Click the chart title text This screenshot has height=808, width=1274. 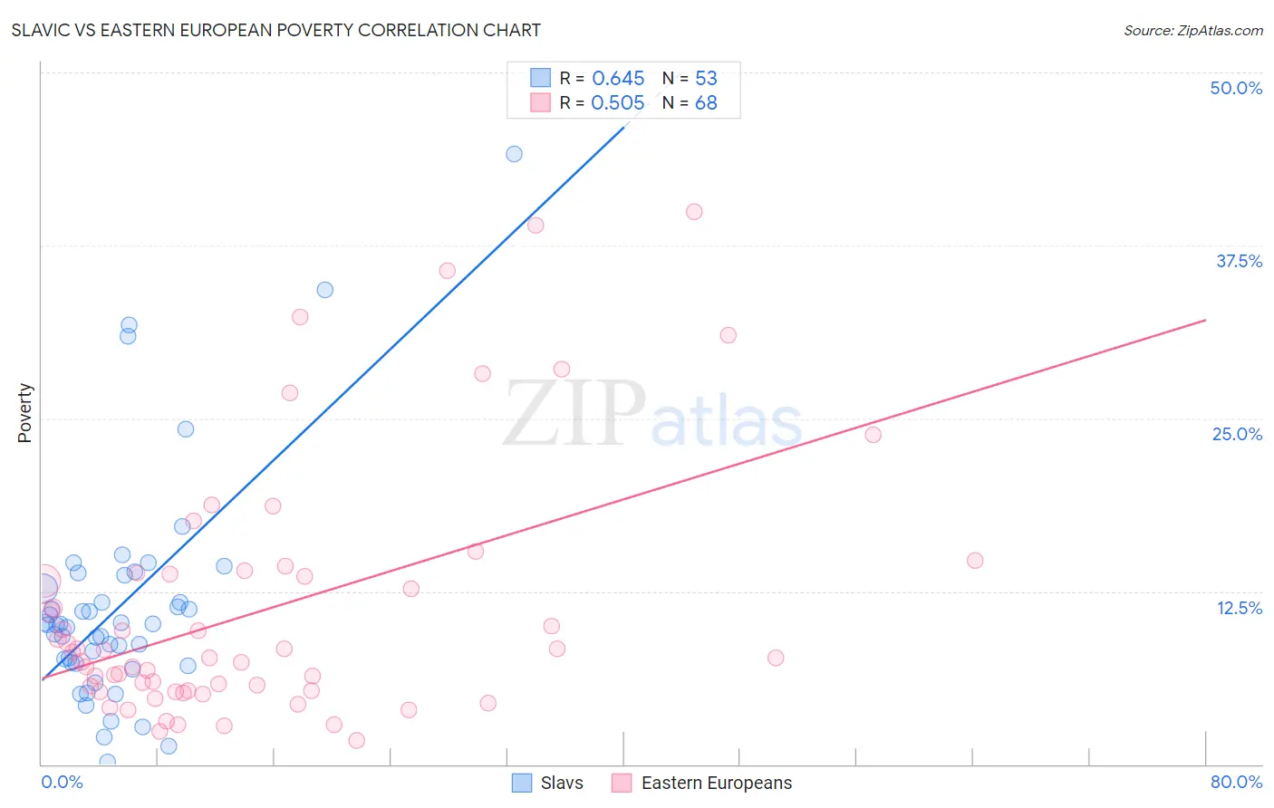[276, 30]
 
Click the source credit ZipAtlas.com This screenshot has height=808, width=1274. [1192, 31]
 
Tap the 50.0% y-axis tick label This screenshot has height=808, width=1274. [1236, 88]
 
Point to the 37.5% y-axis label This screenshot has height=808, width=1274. [1239, 261]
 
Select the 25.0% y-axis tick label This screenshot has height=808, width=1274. [1237, 434]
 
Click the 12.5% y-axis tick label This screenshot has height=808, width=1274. [1239, 607]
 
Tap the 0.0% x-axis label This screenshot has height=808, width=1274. [62, 782]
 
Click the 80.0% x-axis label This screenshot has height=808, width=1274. [1236, 782]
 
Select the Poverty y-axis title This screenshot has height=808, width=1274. [24, 413]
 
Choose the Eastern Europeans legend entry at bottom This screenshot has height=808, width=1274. [702, 783]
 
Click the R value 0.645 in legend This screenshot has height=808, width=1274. [618, 79]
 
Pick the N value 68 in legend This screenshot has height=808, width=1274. [706, 103]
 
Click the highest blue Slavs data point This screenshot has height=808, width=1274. [514, 154]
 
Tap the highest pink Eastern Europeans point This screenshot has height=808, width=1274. [694, 212]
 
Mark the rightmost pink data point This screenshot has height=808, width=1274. [975, 561]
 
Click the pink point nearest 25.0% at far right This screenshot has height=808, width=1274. [873, 435]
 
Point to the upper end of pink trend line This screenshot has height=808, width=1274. [1205, 320]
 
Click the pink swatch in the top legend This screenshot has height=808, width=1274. [541, 102]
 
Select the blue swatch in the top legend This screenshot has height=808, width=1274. [541, 78]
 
